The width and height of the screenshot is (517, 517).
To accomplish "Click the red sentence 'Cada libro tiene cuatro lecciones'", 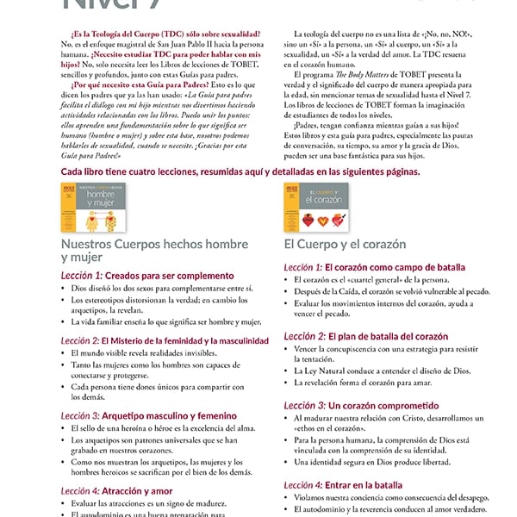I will (x=241, y=172).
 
